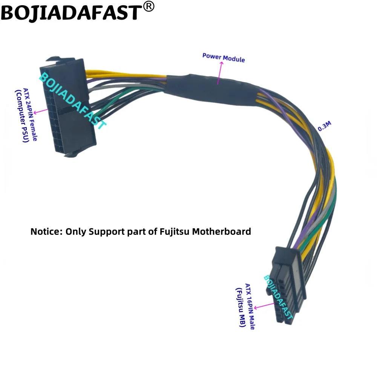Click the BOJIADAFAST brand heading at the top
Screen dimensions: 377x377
point(72,13)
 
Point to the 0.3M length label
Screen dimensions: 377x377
point(325,126)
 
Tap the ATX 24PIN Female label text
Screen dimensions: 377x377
point(31,114)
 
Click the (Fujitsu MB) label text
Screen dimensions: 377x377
point(241,307)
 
